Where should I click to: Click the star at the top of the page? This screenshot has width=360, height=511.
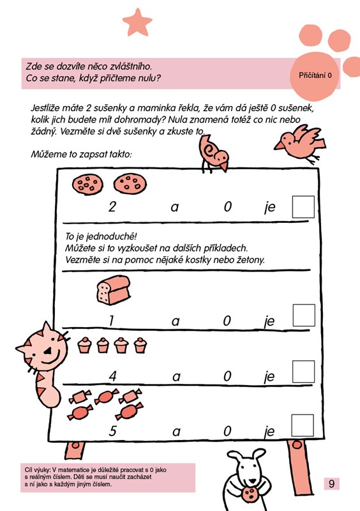(137, 22)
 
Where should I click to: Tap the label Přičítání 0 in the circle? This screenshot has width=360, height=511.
(315, 75)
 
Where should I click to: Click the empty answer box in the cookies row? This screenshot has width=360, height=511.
(303, 207)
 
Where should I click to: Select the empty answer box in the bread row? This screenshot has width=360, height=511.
(304, 315)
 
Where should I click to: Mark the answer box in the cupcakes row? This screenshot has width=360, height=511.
(304, 372)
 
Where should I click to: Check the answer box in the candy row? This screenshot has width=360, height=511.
(303, 425)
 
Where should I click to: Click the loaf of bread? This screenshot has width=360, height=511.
(114, 290)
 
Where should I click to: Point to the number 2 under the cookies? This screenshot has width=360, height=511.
(112, 206)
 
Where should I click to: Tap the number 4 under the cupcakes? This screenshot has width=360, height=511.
(112, 376)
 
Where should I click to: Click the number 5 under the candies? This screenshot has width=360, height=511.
(112, 431)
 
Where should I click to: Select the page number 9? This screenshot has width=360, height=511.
(332, 484)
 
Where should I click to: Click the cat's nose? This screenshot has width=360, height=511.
(48, 351)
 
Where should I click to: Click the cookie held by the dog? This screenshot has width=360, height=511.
(250, 494)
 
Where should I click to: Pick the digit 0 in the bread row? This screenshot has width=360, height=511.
(227, 321)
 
